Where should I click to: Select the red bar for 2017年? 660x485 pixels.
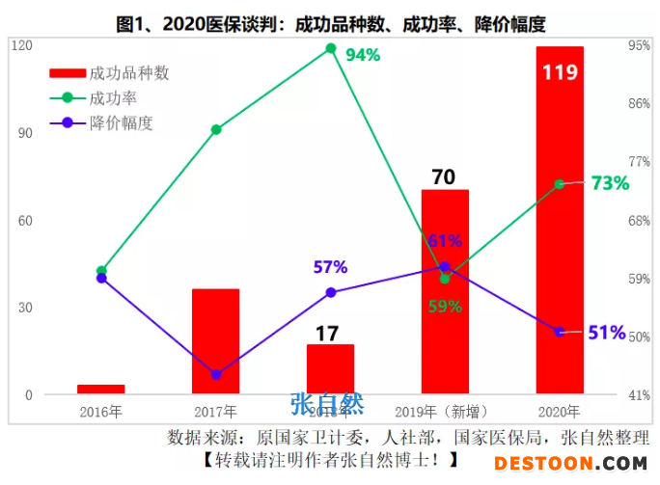point(215,341)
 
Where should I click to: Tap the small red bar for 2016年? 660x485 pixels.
point(101,390)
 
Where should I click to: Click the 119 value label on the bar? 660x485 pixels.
point(560,72)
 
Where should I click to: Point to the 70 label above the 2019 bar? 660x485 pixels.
point(444,176)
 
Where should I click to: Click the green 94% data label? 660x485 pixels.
point(363,55)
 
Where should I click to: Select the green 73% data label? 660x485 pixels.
point(610,183)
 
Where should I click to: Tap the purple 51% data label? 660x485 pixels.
point(607,333)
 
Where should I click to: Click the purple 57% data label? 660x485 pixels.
point(330,267)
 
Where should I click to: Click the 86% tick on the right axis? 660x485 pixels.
point(638,103)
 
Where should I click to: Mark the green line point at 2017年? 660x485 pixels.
point(216,129)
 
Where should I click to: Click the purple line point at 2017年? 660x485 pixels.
point(216,374)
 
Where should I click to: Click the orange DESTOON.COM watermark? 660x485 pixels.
point(571,464)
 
